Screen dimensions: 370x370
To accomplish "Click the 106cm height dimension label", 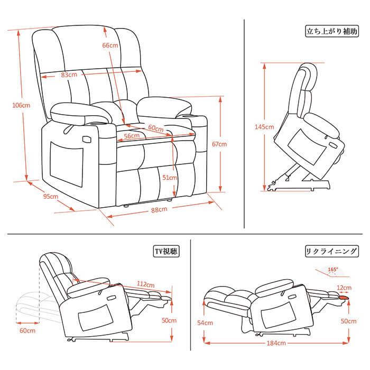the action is point(21,105).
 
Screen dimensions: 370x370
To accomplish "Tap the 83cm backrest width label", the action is point(69,75).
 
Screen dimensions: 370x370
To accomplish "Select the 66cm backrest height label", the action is point(110,45).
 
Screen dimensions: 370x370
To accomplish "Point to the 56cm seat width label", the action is point(132,136).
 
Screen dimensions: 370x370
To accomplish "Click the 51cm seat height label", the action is point(170,178).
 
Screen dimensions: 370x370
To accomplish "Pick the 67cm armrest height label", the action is point(219,144).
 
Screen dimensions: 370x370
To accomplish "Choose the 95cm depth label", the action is point(51,196).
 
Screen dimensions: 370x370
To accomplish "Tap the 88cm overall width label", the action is point(159,209).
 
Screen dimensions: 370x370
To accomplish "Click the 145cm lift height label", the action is point(264,127).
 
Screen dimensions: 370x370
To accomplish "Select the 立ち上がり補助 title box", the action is point(332,31).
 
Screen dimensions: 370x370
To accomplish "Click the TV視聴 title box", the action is point(166,252).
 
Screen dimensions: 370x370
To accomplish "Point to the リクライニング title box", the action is point(332,252).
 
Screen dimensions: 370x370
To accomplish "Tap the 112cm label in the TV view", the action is point(145,284).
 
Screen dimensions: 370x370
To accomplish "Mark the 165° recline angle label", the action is point(332,269).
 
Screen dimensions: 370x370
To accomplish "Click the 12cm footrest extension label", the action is point(344,288).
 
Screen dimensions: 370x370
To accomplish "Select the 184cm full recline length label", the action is point(276,343).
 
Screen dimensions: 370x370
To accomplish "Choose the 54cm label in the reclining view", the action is point(205,322).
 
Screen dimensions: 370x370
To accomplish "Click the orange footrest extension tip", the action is point(344,298).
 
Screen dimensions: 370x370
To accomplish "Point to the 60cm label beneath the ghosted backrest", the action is point(27,330).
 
